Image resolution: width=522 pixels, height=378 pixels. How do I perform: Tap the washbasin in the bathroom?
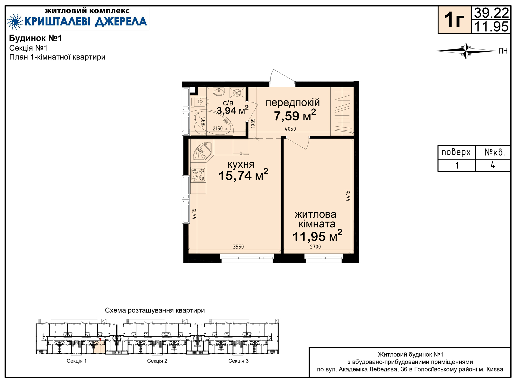click(219, 92)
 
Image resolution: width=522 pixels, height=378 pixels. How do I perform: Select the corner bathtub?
click(212, 123)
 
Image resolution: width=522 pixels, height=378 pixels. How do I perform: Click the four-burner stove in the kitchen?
click(198, 174)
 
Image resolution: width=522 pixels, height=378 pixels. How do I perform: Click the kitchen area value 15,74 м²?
click(243, 175)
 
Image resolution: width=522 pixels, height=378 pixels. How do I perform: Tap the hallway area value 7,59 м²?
click(295, 115)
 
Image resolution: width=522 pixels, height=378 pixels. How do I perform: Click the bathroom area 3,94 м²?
click(232, 110)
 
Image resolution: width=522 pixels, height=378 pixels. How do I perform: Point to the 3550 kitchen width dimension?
click(238, 247)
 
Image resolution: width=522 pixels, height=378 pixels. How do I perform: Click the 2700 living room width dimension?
click(315, 247)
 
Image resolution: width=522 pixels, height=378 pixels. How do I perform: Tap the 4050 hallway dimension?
click(290, 129)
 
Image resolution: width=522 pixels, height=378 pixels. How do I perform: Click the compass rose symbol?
click(466, 51)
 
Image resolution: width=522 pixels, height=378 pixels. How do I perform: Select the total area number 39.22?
click(492, 13)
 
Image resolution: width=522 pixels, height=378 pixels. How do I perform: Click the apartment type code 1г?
click(454, 20)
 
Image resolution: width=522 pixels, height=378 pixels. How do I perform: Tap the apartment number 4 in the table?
click(493, 165)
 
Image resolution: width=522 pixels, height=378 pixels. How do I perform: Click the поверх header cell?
click(456, 152)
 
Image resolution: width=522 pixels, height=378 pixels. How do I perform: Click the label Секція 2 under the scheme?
click(157, 361)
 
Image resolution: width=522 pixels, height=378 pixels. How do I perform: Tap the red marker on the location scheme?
click(100, 340)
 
